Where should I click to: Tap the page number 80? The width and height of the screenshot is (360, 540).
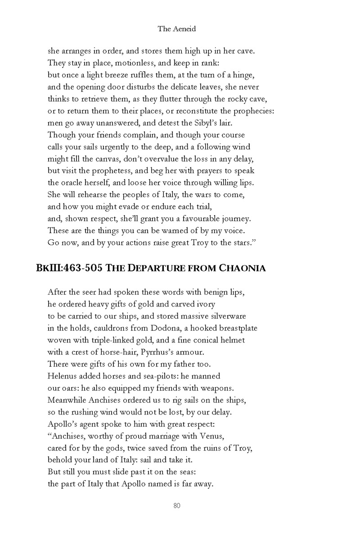(176, 506)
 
